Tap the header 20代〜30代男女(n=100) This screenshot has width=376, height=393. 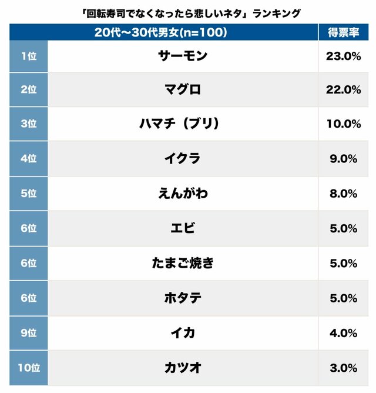click(x=160, y=32)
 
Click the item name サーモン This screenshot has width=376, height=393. click(x=183, y=55)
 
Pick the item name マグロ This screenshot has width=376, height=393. click(x=183, y=89)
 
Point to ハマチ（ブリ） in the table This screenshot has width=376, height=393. click(x=183, y=124)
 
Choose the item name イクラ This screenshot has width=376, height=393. click(x=183, y=158)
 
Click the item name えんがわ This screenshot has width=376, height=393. click(x=183, y=193)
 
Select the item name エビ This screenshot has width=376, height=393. click(x=183, y=228)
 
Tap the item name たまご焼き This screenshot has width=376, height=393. click(x=183, y=263)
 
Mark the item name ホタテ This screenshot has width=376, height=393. click(x=183, y=298)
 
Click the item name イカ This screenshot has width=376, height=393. click(x=183, y=332)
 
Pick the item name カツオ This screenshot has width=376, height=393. click(x=183, y=368)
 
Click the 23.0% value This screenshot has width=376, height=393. click(x=343, y=55)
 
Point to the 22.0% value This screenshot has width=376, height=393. click(x=343, y=89)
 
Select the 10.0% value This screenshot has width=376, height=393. click(x=343, y=124)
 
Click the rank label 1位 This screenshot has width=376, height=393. click(x=28, y=55)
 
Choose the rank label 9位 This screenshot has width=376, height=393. click(x=28, y=332)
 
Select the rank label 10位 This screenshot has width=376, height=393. click(x=28, y=368)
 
